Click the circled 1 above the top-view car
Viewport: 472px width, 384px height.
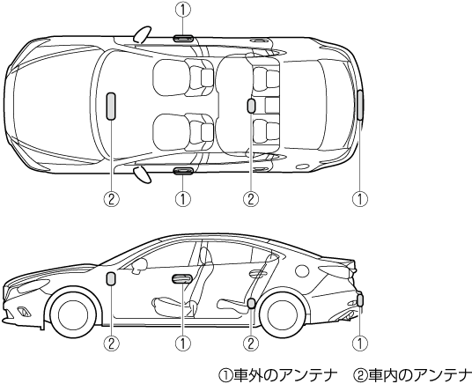(x=183, y=10)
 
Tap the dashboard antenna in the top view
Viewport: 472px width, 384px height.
(x=111, y=107)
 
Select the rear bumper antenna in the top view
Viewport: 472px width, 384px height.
(x=360, y=105)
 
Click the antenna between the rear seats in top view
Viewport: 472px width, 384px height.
(x=251, y=106)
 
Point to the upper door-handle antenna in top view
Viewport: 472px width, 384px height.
(x=183, y=38)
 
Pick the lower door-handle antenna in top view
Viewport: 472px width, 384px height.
(x=183, y=171)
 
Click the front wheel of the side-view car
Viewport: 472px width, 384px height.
(x=73, y=314)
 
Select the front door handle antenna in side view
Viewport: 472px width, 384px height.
(x=181, y=279)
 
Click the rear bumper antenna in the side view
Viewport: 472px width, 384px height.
(x=360, y=300)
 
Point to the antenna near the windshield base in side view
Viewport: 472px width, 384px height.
(x=110, y=278)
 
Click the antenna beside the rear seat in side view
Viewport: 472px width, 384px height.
(x=251, y=303)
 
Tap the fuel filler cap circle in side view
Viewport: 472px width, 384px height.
(x=302, y=270)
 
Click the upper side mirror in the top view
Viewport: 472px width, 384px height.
(x=142, y=34)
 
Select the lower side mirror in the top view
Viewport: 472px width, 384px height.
(x=142, y=174)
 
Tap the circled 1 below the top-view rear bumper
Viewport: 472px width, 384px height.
(x=360, y=199)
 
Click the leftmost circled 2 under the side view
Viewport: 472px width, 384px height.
(x=111, y=343)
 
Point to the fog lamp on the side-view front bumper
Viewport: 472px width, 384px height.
(x=24, y=312)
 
